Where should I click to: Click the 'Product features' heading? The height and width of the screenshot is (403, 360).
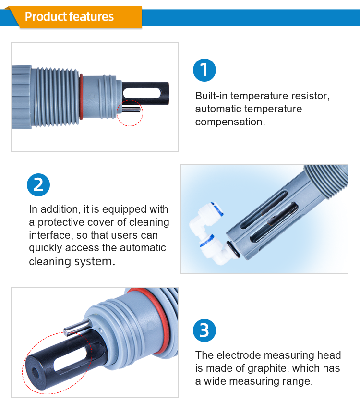tap(69, 17)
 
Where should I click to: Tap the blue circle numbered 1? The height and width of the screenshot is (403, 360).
tap(204, 70)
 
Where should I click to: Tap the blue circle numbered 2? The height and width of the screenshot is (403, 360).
tap(38, 185)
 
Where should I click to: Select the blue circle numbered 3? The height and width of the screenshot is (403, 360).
tap(204, 330)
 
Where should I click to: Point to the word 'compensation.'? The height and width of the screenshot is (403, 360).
tap(230, 122)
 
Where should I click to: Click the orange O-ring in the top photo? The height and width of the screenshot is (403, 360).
tap(82, 96)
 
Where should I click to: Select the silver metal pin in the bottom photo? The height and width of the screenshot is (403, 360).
tap(77, 328)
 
